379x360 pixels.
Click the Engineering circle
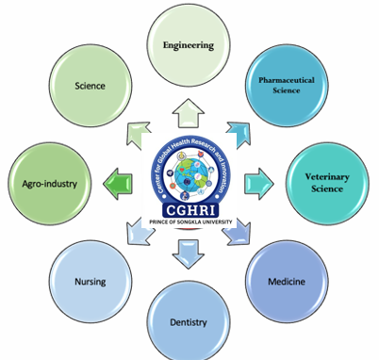click(189, 45)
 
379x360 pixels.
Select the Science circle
click(91, 86)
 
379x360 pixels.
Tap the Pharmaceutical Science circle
click(287, 86)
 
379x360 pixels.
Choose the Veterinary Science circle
click(327, 184)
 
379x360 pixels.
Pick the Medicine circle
click(287, 282)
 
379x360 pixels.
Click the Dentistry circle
click(189, 322)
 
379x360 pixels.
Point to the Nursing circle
click(91, 282)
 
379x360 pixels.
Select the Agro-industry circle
click(50, 184)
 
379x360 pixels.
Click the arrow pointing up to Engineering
click(189, 113)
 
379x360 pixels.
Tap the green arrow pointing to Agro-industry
click(118, 184)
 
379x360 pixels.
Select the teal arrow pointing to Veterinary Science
click(259, 184)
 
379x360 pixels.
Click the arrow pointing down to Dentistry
click(189, 254)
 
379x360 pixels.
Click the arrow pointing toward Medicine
click(239, 234)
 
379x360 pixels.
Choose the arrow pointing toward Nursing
click(139, 234)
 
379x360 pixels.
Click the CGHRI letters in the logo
click(190, 210)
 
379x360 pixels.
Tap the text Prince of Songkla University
click(190, 222)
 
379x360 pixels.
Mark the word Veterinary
click(327, 177)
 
